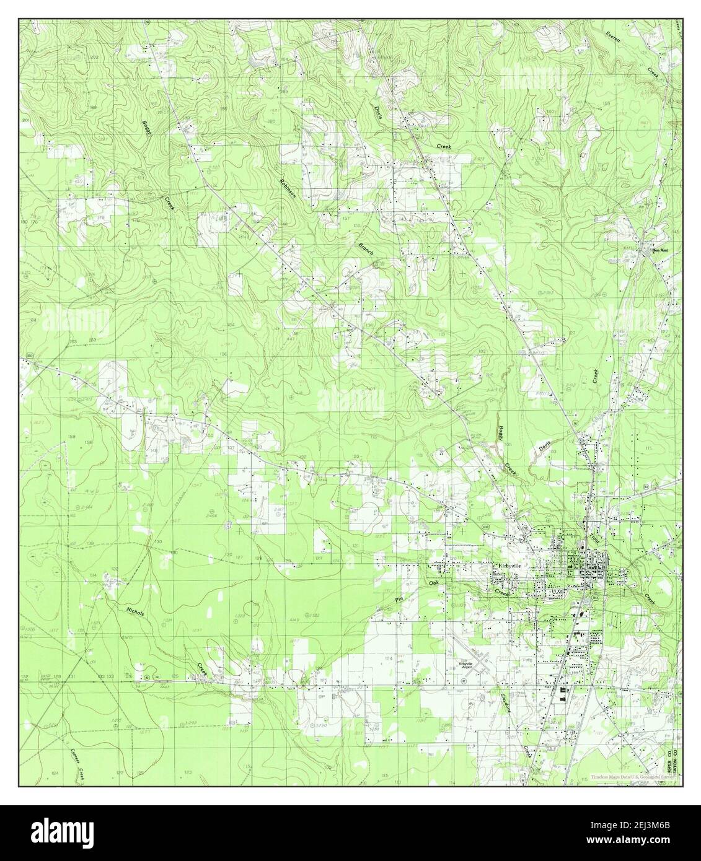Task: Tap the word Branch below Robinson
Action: [364, 248]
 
